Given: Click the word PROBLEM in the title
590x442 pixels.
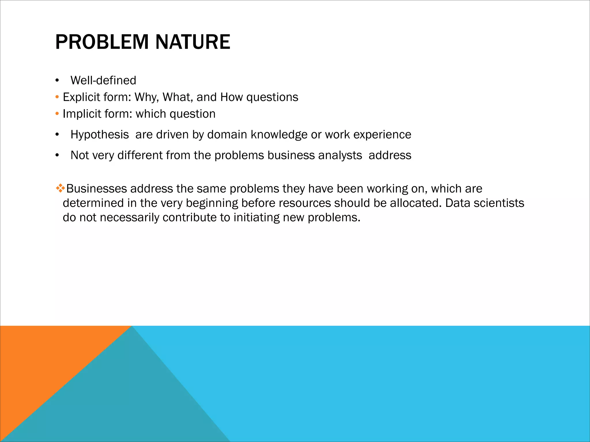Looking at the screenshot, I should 102,42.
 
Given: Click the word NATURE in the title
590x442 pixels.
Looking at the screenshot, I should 193,42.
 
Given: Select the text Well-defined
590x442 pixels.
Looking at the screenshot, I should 103,81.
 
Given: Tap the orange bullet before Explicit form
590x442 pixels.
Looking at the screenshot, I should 57,97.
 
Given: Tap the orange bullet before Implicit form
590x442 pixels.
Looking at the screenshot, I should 57,114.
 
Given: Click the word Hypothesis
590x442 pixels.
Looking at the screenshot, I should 99,135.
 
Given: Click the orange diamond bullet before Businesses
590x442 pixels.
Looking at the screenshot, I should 60,189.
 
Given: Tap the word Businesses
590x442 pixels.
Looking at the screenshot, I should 97,189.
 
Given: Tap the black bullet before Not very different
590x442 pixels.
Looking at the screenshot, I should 57,155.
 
